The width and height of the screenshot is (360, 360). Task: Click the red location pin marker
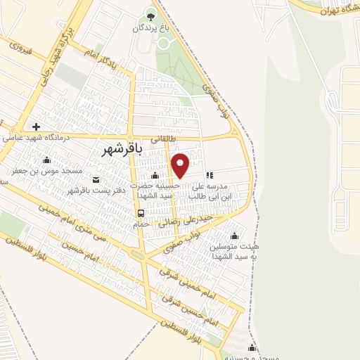[x=181, y=165]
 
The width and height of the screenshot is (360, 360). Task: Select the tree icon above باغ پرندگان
[x=150, y=15]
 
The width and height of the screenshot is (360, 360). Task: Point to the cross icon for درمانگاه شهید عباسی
[x=35, y=127]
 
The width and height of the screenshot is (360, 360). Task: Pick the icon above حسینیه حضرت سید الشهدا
[x=155, y=175]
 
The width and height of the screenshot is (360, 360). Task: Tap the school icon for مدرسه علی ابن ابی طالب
[x=209, y=175]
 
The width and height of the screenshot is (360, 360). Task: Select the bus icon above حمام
[x=141, y=213]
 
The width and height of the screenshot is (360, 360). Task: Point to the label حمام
[x=141, y=224]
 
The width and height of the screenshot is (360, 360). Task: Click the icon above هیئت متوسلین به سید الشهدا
[x=234, y=236]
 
